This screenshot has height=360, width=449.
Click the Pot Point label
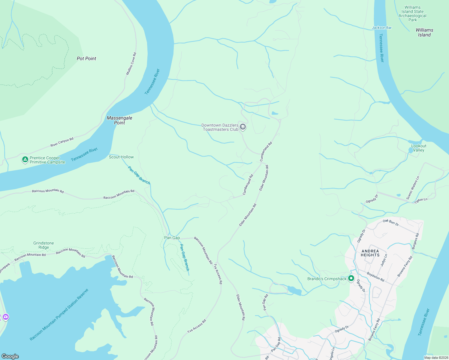tap(86, 58)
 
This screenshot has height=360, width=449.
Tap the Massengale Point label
tap(119, 120)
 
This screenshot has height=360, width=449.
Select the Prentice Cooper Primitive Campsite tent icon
tap(25, 160)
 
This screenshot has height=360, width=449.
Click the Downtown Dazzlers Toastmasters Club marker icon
tap(243, 127)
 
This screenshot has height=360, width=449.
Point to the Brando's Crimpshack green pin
tap(351, 279)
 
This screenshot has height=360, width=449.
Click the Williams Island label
tap(424, 32)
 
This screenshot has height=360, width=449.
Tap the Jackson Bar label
tap(381, 28)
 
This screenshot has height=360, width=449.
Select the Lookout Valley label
tap(419, 148)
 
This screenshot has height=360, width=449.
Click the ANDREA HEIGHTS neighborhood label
tap(370, 253)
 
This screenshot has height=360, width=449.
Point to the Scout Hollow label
tap(121, 157)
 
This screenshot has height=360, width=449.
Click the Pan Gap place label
tap(172, 238)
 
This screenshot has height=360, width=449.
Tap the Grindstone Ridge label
tap(44, 245)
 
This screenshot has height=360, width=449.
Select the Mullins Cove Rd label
tap(131, 64)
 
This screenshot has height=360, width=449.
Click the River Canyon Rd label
tap(62, 142)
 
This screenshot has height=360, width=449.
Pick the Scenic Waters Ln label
tap(413, 188)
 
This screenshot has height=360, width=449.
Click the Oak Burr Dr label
tap(391, 222)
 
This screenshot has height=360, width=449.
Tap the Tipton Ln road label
tap(421, 201)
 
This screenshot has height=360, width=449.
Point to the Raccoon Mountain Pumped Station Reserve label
tap(59, 315)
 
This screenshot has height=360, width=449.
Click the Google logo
tap(10, 356)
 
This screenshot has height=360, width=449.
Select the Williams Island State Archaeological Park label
tap(412, 13)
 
